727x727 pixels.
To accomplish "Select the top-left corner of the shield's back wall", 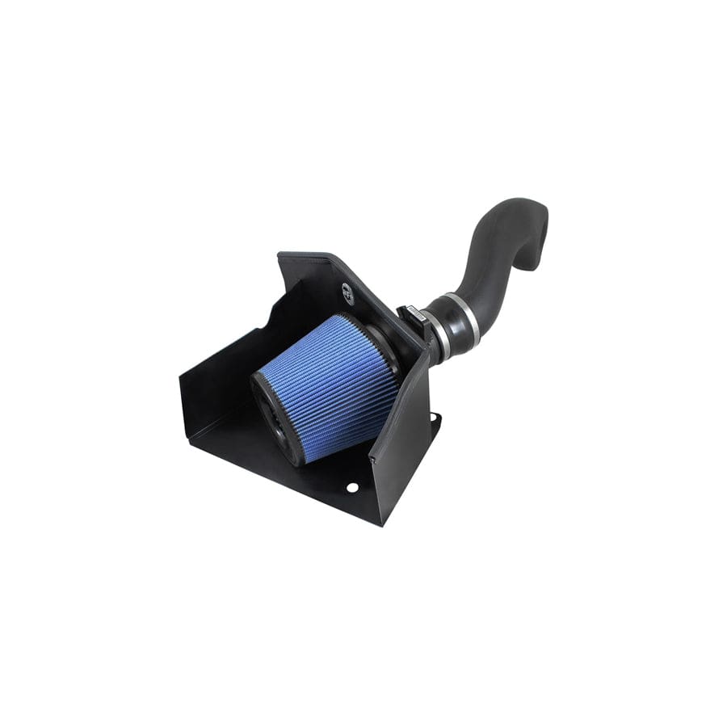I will [x=279, y=257].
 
